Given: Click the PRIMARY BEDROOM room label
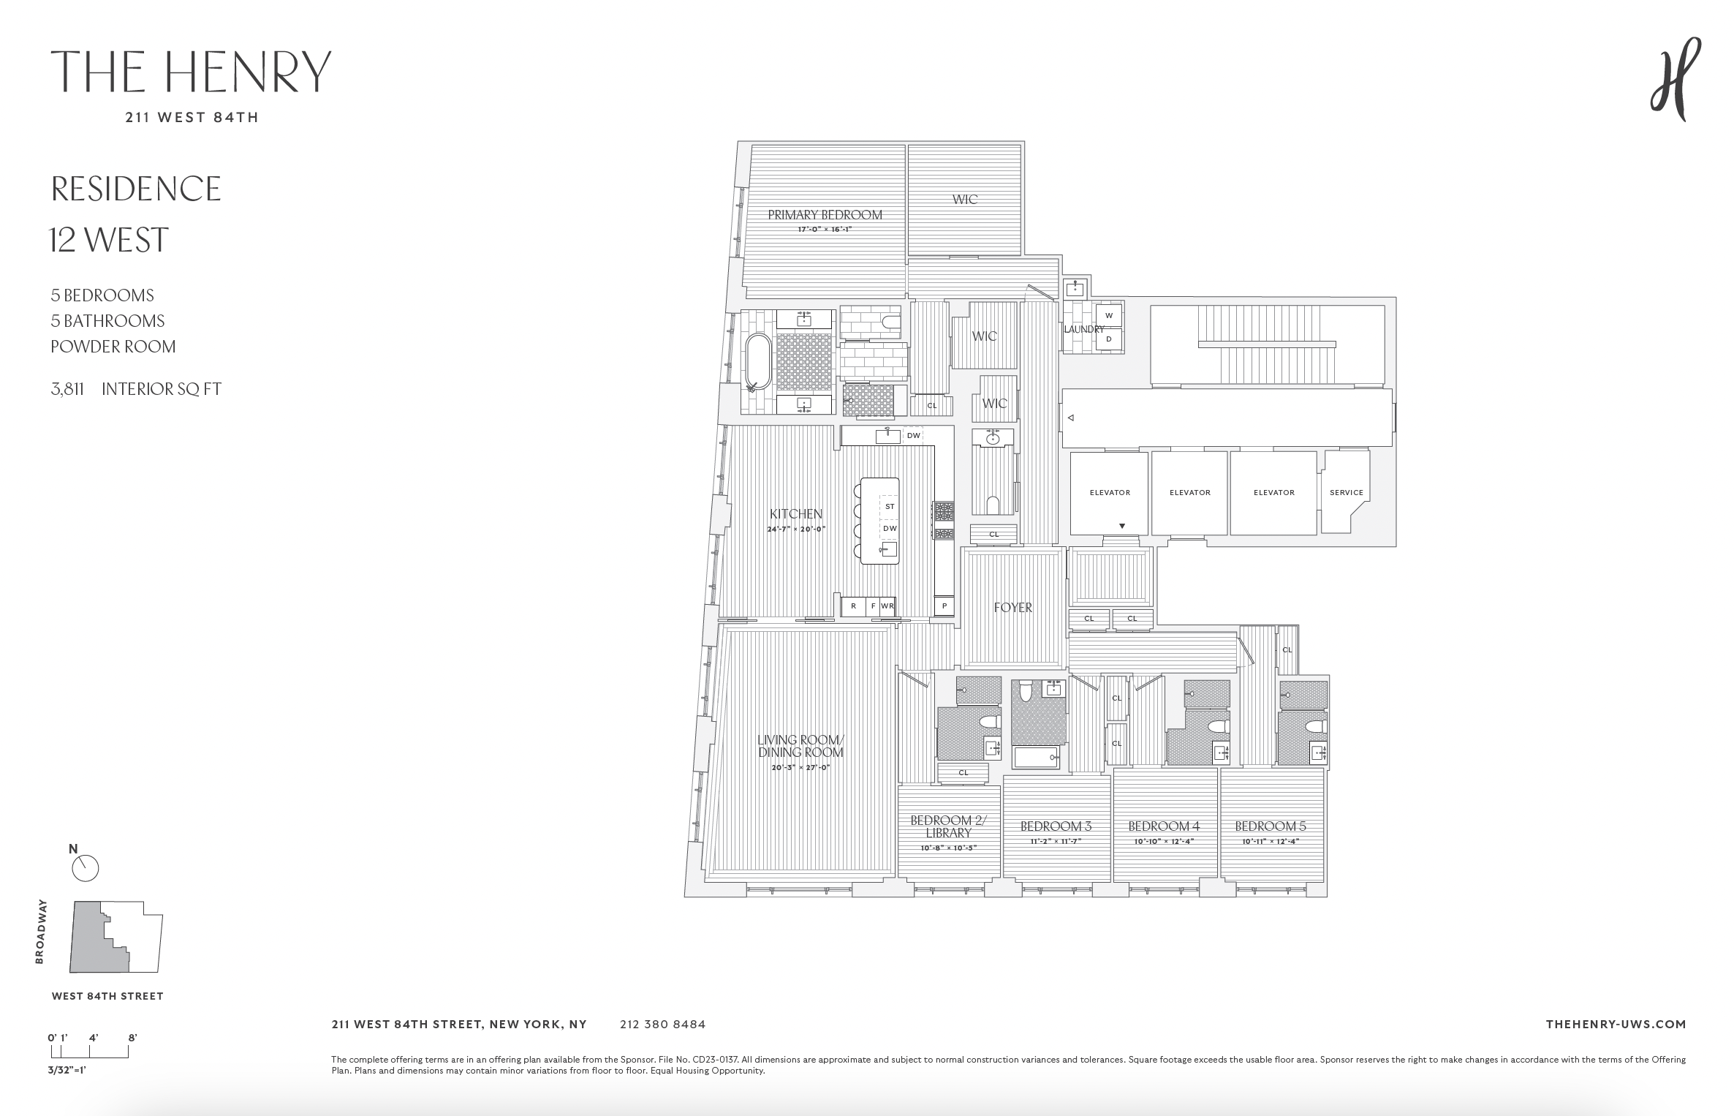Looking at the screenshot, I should click(x=825, y=215).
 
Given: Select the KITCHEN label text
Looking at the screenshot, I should click(x=795, y=514).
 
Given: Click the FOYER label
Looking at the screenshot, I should click(x=1012, y=608).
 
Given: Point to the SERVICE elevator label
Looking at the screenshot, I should click(x=1346, y=493).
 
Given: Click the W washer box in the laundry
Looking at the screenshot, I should click(x=1108, y=316).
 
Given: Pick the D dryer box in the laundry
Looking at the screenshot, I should click(x=1108, y=339).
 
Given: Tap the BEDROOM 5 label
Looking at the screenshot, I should click(x=1270, y=826).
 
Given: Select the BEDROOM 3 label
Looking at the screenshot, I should click(x=1056, y=826).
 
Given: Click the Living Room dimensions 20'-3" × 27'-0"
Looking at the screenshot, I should click(x=800, y=768).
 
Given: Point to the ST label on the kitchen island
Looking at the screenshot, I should click(x=889, y=506).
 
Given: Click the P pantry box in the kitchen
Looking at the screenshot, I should click(x=944, y=606).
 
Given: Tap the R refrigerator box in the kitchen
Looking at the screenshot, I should click(x=853, y=606).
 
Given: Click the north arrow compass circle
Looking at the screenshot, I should click(x=86, y=868).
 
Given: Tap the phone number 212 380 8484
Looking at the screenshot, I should click(x=662, y=1025).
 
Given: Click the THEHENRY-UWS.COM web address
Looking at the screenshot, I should click(x=1616, y=1025).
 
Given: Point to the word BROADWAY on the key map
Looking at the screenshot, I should click(x=41, y=932).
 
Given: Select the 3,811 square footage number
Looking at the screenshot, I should click(x=67, y=389).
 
